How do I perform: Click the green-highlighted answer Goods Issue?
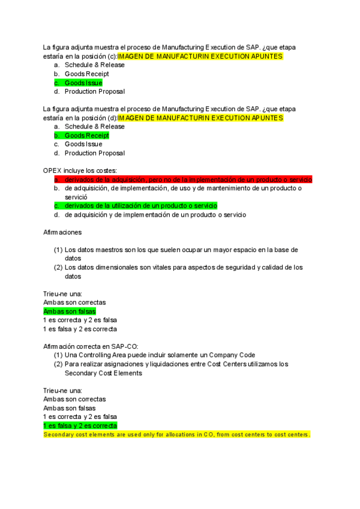(x=83, y=83)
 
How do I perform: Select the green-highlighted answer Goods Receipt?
(x=86, y=136)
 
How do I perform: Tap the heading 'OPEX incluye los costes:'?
(x=80, y=170)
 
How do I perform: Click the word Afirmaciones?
(x=63, y=232)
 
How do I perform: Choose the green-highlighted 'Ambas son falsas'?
(x=70, y=312)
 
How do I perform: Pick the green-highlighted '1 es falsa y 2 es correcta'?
(x=80, y=426)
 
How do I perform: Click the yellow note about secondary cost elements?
(x=176, y=434)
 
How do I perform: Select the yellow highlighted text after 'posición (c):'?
(x=200, y=56)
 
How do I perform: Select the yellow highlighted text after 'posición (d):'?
(x=200, y=118)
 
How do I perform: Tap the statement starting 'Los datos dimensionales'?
(x=183, y=268)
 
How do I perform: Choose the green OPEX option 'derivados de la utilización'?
(x=140, y=206)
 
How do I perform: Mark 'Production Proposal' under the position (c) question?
(x=94, y=92)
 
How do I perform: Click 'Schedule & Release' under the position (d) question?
(x=94, y=127)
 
